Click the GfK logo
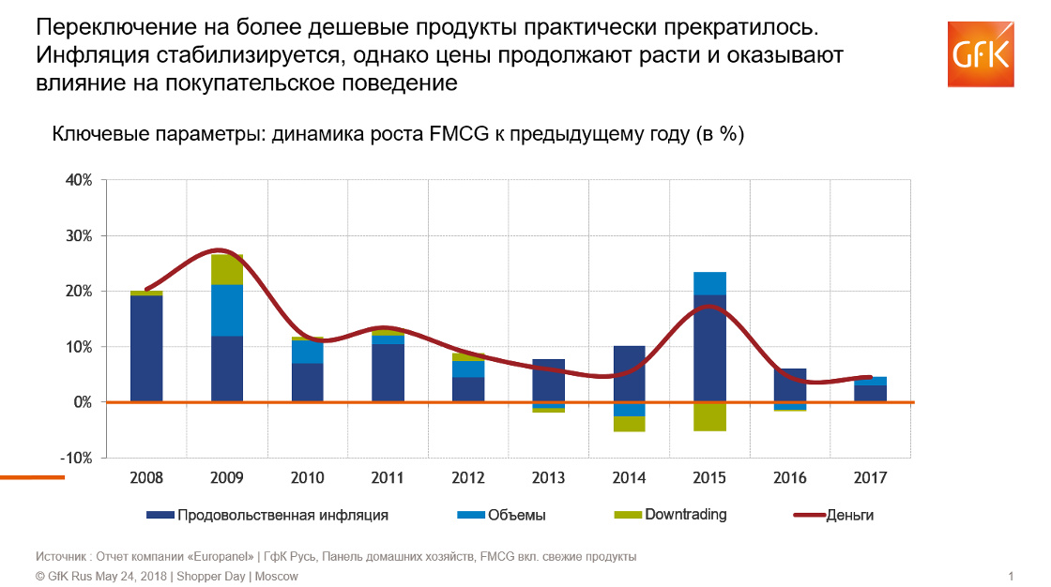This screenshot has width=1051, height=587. click(x=982, y=54)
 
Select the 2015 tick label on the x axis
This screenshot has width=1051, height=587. click(x=709, y=477)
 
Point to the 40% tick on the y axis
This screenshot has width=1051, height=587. click(x=78, y=180)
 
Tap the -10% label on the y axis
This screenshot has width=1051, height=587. click(x=76, y=458)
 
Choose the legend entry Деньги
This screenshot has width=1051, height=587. click(x=849, y=515)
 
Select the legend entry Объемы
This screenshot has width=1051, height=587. click(x=517, y=515)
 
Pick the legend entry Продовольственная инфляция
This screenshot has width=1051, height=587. click(x=282, y=515)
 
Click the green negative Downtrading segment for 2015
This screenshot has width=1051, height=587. click(x=709, y=416)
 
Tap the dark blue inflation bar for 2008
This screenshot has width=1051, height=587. click(x=146, y=349)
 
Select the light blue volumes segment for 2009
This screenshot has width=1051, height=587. click(x=227, y=310)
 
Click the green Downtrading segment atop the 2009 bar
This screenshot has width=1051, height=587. click(x=227, y=269)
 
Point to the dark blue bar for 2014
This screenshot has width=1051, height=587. click(x=629, y=374)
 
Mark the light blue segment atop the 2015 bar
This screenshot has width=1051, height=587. click(x=709, y=283)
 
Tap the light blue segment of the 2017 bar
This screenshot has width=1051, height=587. click(x=870, y=381)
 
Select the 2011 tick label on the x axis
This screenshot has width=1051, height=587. click(x=388, y=477)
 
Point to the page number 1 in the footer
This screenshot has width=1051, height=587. click(x=1011, y=576)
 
